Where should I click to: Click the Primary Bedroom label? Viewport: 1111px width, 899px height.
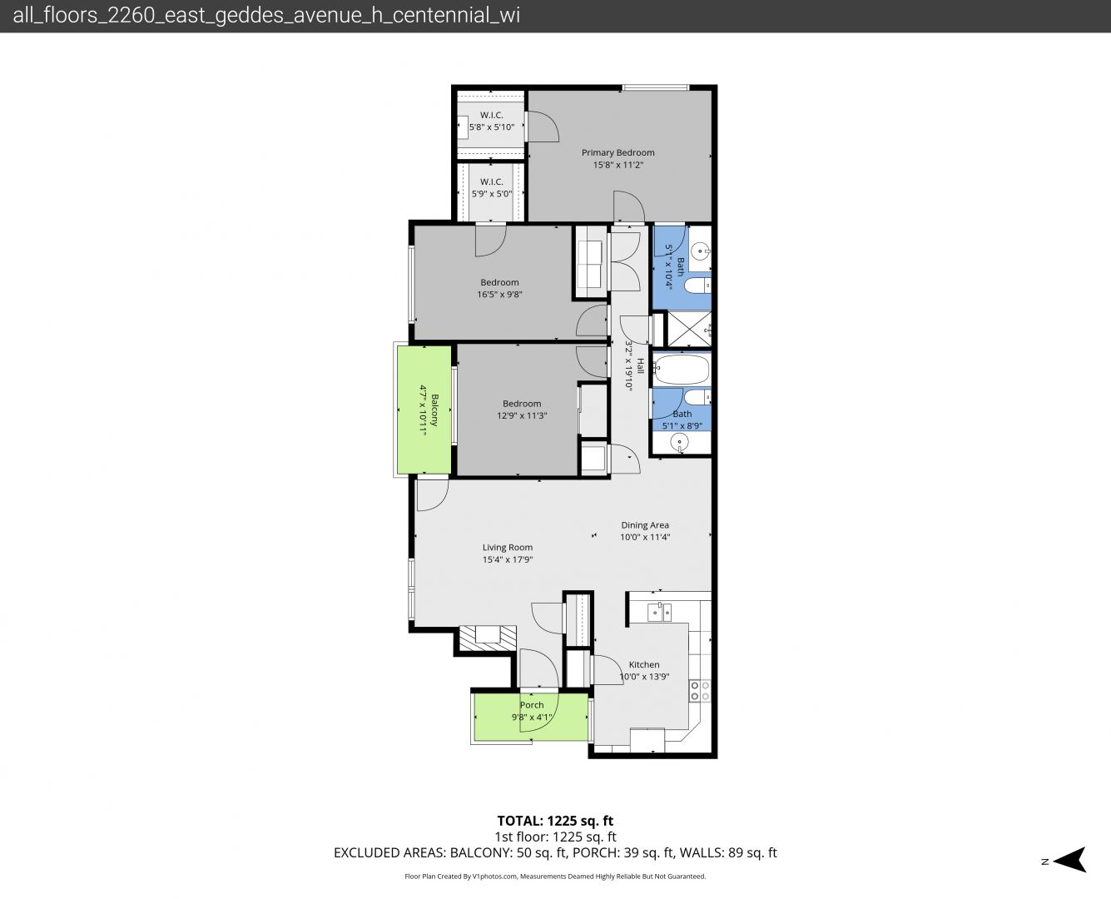pos(617,152)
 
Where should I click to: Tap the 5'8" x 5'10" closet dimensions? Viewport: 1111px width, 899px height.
pos(491,127)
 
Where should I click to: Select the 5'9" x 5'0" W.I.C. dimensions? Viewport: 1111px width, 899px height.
pos(491,194)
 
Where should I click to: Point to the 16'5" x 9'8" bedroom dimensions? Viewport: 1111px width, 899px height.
pos(499,295)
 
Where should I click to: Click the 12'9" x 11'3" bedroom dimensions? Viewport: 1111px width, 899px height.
pos(522,415)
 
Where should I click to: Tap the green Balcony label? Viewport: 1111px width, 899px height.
pos(434,410)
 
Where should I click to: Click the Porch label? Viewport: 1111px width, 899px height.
pos(532,705)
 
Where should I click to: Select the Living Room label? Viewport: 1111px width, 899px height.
pos(507,548)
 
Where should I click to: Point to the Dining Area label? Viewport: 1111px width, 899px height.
pos(645,525)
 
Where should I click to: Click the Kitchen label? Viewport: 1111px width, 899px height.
pos(643,664)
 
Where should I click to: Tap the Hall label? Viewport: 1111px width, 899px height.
pos(640,365)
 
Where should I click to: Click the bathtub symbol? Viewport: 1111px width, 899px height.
pos(682,369)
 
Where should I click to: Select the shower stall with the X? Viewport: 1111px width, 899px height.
pos(689,330)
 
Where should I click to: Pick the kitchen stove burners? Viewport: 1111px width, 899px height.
pos(699,691)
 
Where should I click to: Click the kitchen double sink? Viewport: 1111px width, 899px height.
pos(659,612)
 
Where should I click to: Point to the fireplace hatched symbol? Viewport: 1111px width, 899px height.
pos(487,638)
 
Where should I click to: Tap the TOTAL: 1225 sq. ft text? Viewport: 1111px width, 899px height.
pos(555,821)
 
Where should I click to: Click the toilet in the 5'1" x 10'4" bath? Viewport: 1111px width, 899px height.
pos(697,286)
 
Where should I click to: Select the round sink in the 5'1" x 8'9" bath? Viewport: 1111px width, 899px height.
pos(680,444)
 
